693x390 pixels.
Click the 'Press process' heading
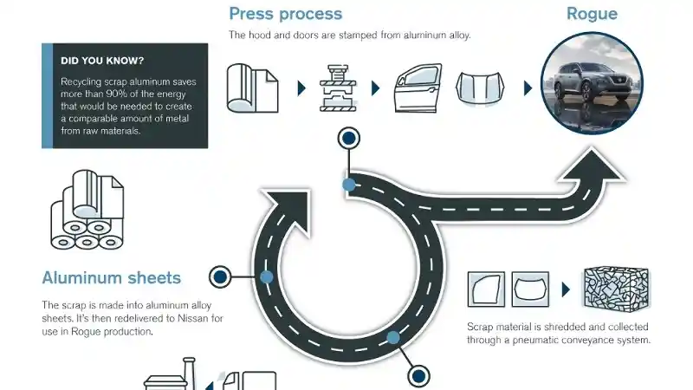pos(285,14)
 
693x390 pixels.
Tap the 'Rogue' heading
pos(592,14)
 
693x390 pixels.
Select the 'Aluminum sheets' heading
pos(111,278)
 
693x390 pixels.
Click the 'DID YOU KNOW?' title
pos(103,61)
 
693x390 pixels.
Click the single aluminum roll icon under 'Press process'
pos(252,88)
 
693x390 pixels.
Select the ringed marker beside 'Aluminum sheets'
pos(221,276)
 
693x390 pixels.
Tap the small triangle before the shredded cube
pos(565,289)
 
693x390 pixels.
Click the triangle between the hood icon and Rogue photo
pos(528,88)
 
